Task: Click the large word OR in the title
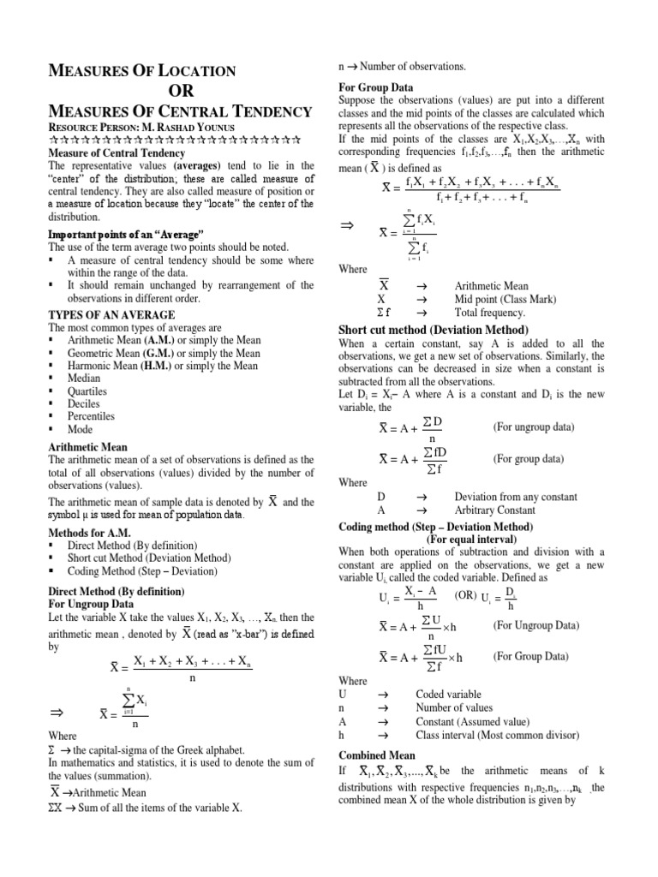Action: point(181,91)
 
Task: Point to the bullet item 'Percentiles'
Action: point(93,415)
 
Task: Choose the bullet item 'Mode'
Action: point(81,428)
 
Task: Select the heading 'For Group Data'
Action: point(376,87)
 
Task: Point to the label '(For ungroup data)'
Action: point(533,427)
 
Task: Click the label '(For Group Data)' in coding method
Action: point(530,657)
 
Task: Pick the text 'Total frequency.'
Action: point(490,313)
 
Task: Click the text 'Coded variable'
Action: point(448,695)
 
